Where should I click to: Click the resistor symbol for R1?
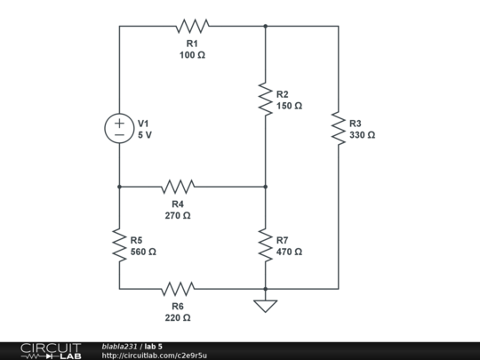[x=192, y=26]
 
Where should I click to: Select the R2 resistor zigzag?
[x=265, y=98]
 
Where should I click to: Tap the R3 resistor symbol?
[x=338, y=128]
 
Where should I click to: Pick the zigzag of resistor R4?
[x=178, y=187]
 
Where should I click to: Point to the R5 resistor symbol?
[x=119, y=244]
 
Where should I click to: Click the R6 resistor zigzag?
[x=178, y=289]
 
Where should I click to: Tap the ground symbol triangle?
[x=265, y=306]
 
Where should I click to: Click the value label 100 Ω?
[x=192, y=55]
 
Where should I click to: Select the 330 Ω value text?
[x=362, y=135]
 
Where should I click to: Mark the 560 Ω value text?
[x=143, y=252]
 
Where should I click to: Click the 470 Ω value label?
[x=289, y=252]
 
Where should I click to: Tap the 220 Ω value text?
[x=178, y=317]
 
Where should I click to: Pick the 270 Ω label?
[x=178, y=215]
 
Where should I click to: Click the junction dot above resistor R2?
[x=265, y=26]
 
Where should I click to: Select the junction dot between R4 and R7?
[x=265, y=187]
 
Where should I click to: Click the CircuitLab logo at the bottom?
[x=51, y=350]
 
